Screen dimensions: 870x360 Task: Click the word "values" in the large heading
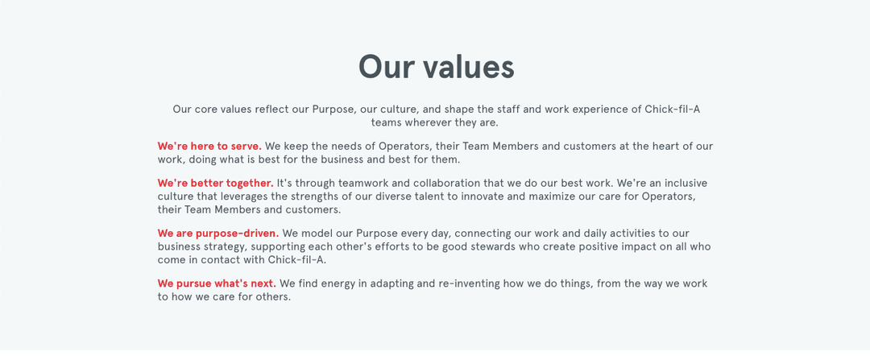click(x=468, y=67)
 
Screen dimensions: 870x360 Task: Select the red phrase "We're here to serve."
click(x=209, y=147)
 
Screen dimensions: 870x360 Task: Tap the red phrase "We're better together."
click(x=215, y=183)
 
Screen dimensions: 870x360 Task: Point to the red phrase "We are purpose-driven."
click(x=218, y=234)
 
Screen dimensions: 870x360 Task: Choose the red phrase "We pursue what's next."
click(x=217, y=284)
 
